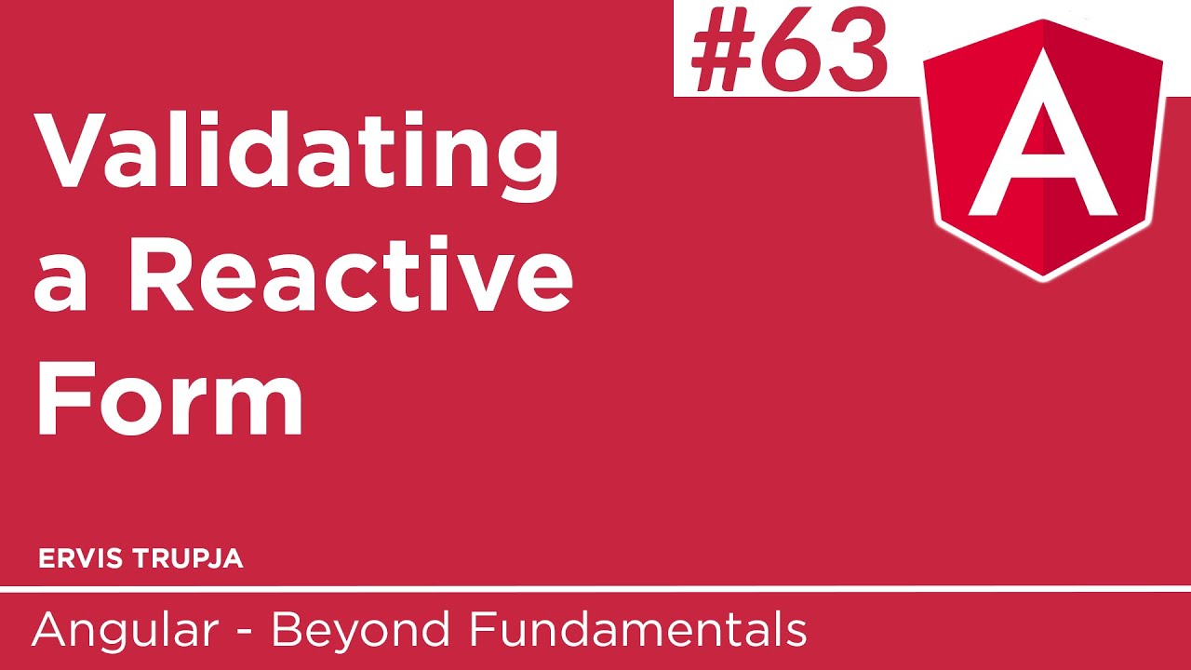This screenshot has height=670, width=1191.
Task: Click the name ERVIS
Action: coord(79,558)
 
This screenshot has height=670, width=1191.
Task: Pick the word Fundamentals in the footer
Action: coord(637,631)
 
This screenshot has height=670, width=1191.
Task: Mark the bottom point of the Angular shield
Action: coord(1043,275)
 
